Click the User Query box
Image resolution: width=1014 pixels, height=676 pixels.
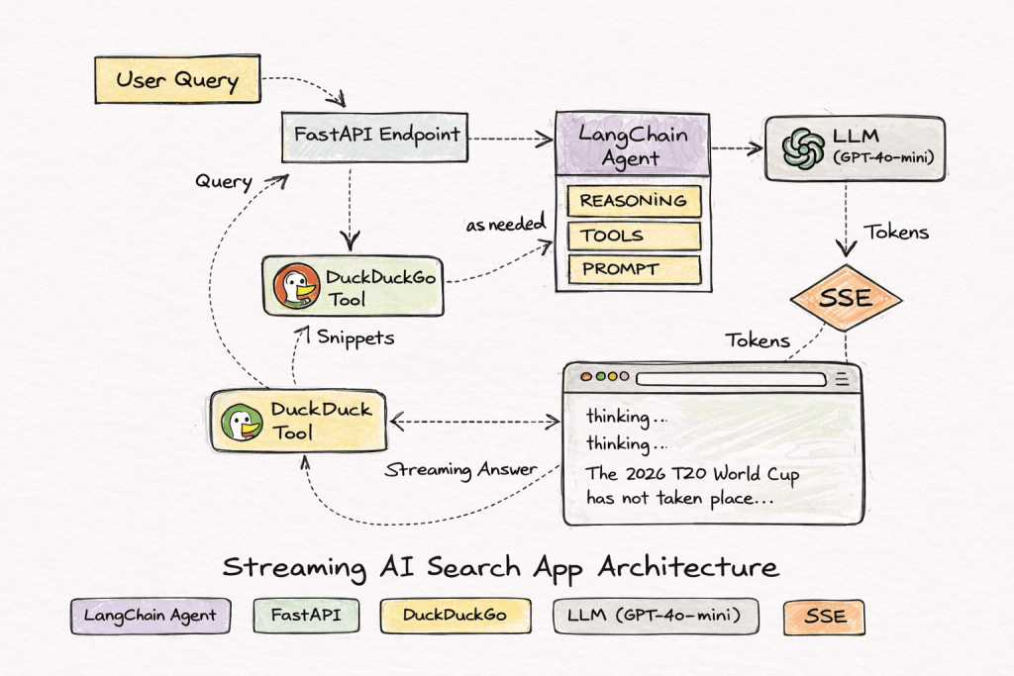(177, 79)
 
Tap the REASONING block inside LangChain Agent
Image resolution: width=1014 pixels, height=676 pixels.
(634, 201)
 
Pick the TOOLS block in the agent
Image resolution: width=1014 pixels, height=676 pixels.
(634, 236)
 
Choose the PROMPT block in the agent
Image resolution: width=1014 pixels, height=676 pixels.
(634, 269)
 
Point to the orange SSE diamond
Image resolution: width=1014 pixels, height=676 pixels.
(846, 297)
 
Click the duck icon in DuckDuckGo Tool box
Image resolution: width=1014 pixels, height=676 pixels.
(294, 287)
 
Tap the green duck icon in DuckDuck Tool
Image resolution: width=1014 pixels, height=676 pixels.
(240, 421)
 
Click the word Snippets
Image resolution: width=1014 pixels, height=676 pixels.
(355, 338)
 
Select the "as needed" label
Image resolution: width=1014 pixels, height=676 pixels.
(505, 225)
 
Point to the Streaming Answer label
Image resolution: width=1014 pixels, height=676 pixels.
(461, 469)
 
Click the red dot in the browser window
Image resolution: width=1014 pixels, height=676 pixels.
(584, 378)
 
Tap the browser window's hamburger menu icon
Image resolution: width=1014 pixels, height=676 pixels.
(842, 378)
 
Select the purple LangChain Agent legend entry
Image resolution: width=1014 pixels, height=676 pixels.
(151, 616)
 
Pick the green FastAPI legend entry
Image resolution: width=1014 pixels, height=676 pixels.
(305, 616)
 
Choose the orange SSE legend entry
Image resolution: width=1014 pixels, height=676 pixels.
(824, 616)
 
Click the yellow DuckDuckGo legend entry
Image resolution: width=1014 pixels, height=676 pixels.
(455, 616)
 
